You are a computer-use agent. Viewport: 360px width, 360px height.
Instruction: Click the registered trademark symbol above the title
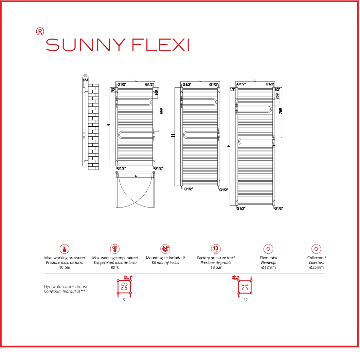click(40, 31)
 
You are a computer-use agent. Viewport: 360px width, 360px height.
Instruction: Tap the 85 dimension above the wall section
click(85, 75)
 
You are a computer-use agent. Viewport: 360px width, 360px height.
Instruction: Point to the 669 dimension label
click(161, 111)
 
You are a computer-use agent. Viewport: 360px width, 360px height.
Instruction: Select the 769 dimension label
click(280, 111)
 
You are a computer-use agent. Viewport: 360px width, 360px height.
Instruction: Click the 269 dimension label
click(277, 96)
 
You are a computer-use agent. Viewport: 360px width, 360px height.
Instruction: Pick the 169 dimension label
click(157, 93)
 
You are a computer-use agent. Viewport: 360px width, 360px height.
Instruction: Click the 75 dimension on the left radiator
click(113, 90)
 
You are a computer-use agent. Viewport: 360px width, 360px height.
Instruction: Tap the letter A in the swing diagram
click(135, 176)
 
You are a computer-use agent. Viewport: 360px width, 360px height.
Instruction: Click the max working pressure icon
click(65, 249)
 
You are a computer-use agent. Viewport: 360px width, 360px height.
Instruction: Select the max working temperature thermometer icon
click(115, 249)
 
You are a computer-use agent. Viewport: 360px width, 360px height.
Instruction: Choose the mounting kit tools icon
click(165, 249)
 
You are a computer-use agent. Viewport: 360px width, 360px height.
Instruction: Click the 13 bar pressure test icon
click(216, 249)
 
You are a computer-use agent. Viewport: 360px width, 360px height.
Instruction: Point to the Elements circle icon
click(268, 249)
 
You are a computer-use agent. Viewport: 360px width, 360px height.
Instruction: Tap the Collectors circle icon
click(316, 249)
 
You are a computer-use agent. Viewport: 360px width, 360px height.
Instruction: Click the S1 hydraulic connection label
click(125, 300)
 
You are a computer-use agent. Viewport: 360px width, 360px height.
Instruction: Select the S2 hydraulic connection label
click(245, 300)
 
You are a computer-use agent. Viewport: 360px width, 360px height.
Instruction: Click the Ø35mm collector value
click(316, 267)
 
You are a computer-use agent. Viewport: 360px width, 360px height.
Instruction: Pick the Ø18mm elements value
click(268, 267)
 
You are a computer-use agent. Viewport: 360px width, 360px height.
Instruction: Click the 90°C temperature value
click(115, 267)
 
